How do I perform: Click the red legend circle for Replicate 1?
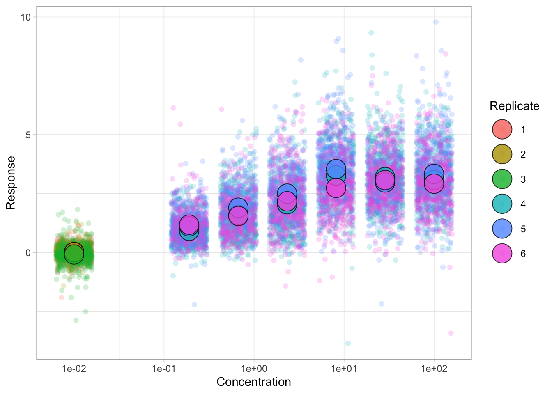click(502, 130)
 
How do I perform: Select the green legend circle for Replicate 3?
click(502, 179)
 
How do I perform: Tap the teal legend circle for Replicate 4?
click(502, 204)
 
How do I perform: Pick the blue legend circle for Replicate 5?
click(502, 229)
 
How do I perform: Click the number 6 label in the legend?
click(523, 254)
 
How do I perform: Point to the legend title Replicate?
click(514, 106)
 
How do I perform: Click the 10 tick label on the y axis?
click(26, 17)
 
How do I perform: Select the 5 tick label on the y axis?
click(28, 135)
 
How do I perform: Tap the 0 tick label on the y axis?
click(28, 252)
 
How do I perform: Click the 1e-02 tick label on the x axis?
click(74, 369)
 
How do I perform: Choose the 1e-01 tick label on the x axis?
click(164, 369)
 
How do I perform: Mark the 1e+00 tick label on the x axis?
click(254, 369)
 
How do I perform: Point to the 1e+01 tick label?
click(344, 369)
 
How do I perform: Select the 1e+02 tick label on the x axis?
click(434, 369)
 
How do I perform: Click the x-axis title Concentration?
click(253, 382)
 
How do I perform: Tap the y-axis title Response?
click(11, 183)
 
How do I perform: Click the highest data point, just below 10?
click(436, 22)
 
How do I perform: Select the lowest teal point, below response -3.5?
click(348, 343)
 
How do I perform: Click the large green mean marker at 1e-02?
click(74, 254)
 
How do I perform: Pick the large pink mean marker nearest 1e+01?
click(336, 188)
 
